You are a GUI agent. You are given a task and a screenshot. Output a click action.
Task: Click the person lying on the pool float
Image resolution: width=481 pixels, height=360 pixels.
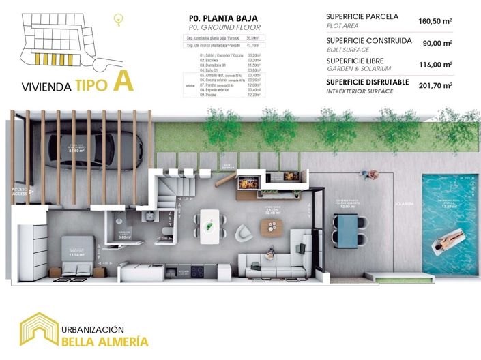(x=451, y=238)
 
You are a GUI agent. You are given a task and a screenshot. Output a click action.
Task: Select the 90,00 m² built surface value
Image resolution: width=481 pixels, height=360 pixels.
(x=437, y=44)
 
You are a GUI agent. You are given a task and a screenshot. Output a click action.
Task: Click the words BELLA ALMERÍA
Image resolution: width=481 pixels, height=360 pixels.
(x=104, y=340)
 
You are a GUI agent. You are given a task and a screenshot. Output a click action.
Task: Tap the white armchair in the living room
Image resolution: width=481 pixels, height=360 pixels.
(x=244, y=234)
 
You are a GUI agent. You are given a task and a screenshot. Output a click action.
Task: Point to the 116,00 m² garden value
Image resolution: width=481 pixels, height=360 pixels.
(x=437, y=65)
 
